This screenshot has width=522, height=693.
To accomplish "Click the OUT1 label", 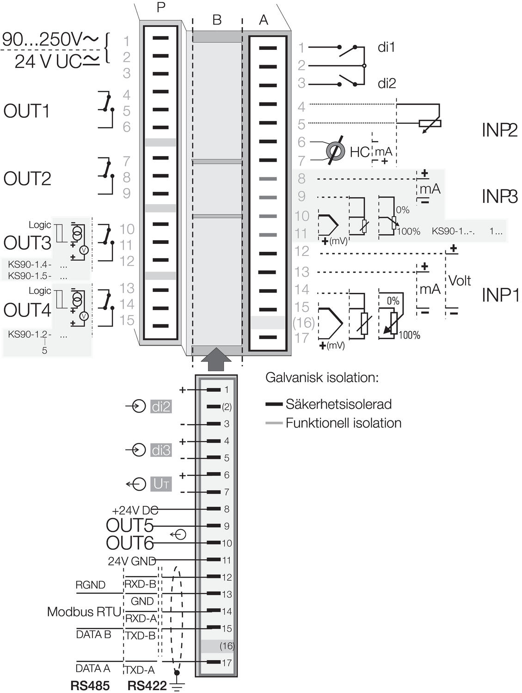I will click(x=26, y=111).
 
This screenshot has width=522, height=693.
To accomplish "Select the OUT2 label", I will click(x=27, y=178).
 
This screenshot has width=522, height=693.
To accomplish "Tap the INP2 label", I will click(x=499, y=130).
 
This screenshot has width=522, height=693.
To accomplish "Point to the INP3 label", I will click(x=499, y=196).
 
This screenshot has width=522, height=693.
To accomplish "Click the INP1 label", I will click(x=500, y=295).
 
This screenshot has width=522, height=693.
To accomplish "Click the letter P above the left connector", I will click(x=161, y=8).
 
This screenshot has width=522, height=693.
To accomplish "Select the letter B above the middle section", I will click(x=217, y=20).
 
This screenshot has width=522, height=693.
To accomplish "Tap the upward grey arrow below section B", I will click(x=216, y=359).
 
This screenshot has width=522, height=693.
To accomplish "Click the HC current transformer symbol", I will click(x=336, y=151).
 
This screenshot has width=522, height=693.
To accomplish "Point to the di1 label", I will click(x=386, y=48).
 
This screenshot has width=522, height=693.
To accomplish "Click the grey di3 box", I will click(x=161, y=450).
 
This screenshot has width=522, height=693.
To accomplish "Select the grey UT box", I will click(x=161, y=484).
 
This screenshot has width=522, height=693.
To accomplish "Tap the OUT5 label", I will click(x=129, y=525).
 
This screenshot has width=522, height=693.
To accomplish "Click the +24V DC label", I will click(x=135, y=511).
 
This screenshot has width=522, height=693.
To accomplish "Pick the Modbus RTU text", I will click(x=84, y=612).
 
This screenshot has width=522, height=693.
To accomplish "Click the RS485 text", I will click(x=90, y=686).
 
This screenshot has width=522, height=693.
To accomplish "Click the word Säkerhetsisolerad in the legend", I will click(x=338, y=404).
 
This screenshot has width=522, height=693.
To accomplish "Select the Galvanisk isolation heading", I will click(x=322, y=377).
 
